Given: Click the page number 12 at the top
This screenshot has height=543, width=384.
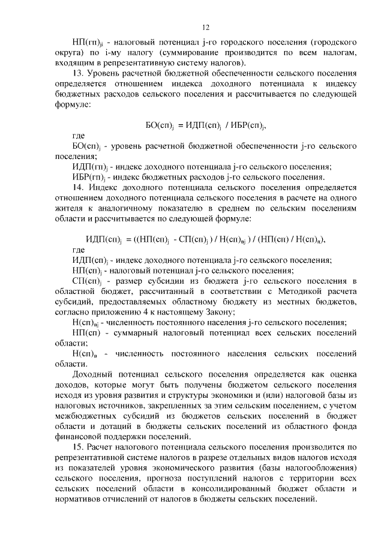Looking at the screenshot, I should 205,27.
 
